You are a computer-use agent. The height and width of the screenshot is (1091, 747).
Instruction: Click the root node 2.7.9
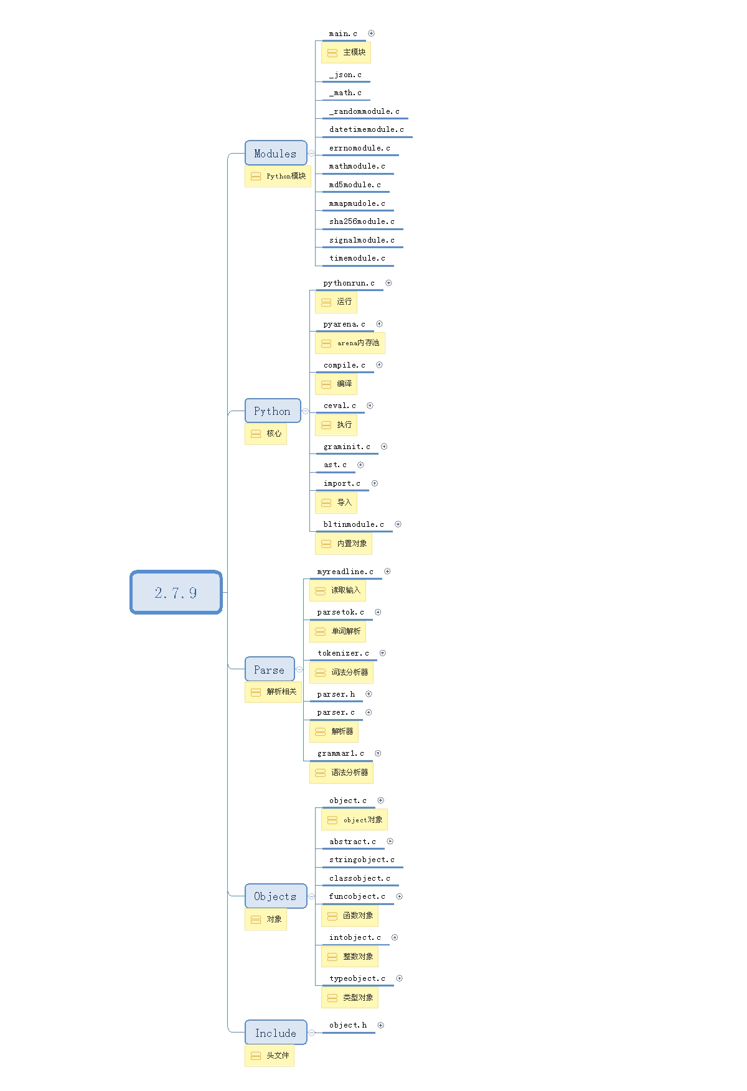click(x=176, y=592)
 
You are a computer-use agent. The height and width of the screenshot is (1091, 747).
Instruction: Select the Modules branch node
click(x=275, y=154)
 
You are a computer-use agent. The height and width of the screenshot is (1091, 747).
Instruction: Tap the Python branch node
click(x=272, y=411)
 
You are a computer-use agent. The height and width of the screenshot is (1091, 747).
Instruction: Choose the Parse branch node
click(x=269, y=670)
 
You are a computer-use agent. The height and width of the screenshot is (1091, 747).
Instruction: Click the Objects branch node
click(x=275, y=896)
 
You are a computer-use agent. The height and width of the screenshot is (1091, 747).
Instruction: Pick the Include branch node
click(x=275, y=1033)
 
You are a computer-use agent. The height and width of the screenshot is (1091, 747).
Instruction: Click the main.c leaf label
click(x=343, y=34)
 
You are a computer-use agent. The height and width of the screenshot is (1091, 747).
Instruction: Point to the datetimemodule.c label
click(x=366, y=129)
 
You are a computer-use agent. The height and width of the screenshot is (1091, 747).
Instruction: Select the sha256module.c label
click(x=362, y=221)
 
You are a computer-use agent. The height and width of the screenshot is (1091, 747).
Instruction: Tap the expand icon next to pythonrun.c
click(x=388, y=283)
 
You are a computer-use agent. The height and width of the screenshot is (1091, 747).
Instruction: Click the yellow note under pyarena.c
click(x=350, y=343)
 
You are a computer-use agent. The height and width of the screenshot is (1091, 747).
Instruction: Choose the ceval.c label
click(x=340, y=406)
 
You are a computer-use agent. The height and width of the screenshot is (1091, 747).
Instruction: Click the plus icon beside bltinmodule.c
click(x=398, y=524)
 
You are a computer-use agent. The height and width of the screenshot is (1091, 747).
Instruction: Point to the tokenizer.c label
click(x=343, y=653)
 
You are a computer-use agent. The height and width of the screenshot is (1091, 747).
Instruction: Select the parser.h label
click(x=336, y=694)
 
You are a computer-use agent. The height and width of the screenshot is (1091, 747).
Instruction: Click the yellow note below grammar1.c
click(x=341, y=773)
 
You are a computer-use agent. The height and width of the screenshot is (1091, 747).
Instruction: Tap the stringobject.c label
click(x=362, y=860)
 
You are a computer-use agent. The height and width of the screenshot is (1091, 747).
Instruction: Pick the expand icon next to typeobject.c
click(x=399, y=978)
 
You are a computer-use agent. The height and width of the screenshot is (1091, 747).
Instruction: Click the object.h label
click(x=348, y=1025)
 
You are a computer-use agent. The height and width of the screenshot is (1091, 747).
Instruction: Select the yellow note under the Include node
click(x=269, y=1056)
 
